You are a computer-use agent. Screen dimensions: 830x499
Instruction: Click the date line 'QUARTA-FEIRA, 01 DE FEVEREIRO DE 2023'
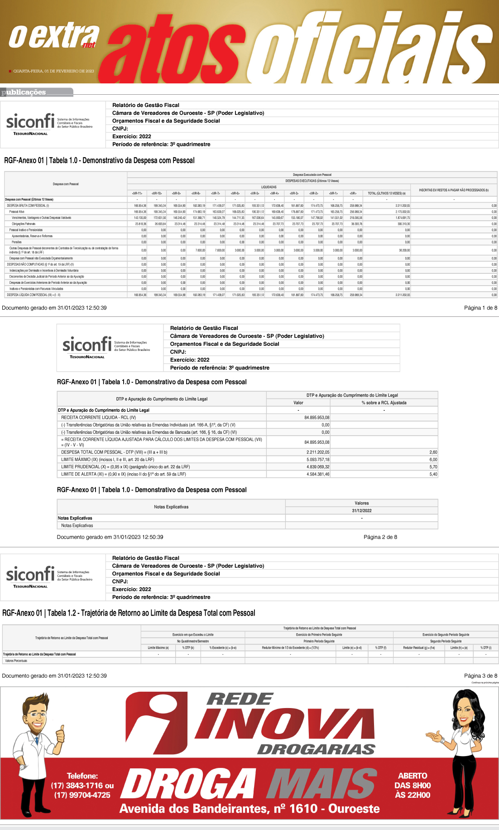(x=53, y=71)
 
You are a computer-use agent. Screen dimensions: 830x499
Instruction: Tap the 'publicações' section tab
(x=24, y=92)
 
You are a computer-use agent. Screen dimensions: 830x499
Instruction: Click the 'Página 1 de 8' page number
(x=480, y=308)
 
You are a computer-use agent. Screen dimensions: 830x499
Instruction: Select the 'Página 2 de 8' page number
(x=380, y=537)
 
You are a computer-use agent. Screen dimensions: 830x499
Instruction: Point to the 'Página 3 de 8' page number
(x=480, y=676)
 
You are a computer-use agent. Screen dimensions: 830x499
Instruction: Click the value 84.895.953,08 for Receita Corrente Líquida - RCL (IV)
(x=317, y=417)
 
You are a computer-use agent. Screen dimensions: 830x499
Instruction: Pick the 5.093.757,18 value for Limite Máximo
(x=318, y=460)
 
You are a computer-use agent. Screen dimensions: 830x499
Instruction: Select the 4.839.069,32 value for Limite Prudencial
(x=318, y=467)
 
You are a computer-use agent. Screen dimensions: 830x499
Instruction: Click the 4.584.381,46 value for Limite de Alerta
(x=318, y=474)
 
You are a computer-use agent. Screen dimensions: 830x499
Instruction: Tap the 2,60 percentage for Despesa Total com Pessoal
(x=433, y=452)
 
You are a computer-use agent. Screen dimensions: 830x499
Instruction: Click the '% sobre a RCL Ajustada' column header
(x=384, y=403)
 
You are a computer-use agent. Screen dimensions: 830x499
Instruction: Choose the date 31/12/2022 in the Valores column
(x=361, y=510)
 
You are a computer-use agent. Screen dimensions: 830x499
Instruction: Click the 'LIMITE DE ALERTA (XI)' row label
(x=124, y=474)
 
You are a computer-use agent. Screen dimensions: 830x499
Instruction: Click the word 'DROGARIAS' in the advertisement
(x=316, y=749)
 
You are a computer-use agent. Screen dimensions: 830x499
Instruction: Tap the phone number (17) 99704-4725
(x=82, y=795)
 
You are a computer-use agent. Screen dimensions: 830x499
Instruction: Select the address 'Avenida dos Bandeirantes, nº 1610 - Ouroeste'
(x=249, y=809)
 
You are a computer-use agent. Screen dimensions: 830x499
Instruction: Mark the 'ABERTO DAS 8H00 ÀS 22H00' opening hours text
(x=413, y=786)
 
